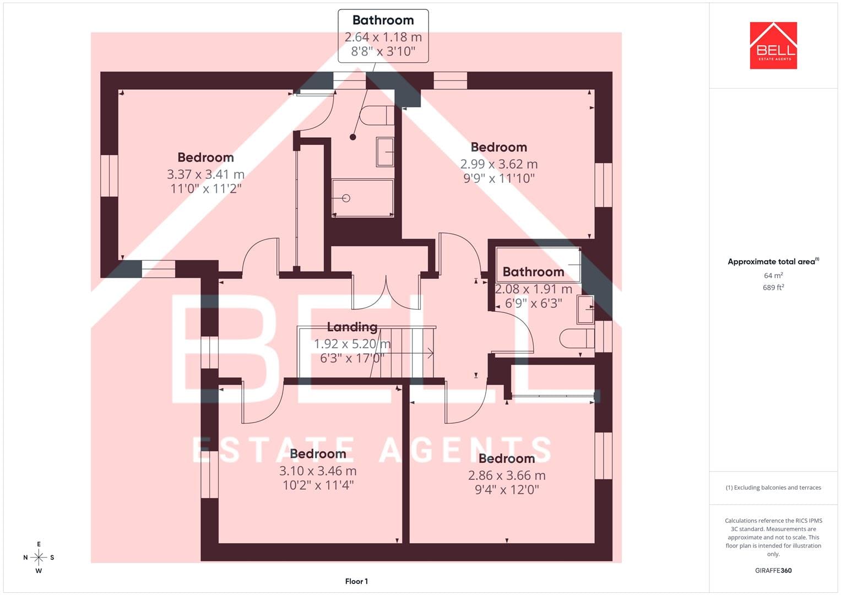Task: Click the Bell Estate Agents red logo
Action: click(773, 45)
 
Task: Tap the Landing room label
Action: click(352, 327)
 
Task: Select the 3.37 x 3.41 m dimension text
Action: click(206, 174)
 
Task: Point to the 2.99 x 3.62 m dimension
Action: click(499, 164)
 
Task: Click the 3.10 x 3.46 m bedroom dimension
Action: click(318, 470)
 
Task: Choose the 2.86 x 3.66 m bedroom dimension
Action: click(507, 475)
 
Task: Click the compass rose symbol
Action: click(39, 558)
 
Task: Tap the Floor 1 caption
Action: click(357, 581)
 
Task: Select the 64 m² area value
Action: click(773, 275)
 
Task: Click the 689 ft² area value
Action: click(773, 288)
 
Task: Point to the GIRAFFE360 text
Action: click(773, 571)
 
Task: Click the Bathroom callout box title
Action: click(383, 20)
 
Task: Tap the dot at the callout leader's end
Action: click(353, 137)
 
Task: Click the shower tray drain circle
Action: click(346, 198)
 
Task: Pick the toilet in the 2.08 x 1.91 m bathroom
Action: click(577, 339)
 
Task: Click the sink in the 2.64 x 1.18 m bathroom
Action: click(385, 152)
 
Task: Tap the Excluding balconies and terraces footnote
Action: click(773, 488)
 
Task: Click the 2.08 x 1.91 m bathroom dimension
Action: click(534, 289)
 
